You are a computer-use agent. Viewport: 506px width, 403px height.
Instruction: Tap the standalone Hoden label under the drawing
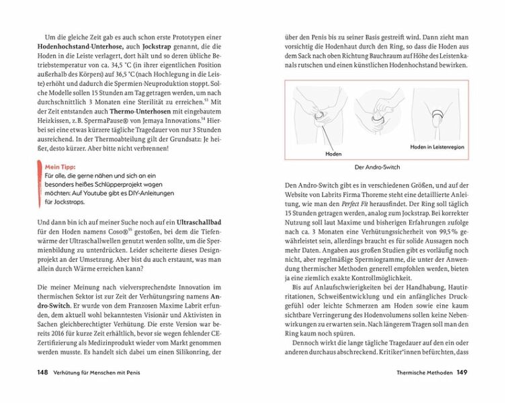tap(333, 154)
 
